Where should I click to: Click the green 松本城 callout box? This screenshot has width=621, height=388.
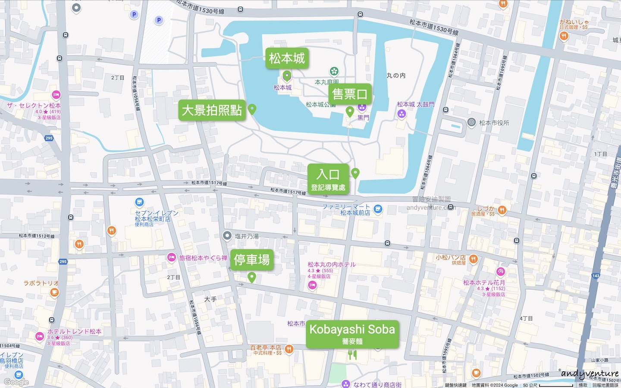[x=287, y=58]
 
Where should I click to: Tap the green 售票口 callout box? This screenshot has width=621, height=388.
[x=350, y=94]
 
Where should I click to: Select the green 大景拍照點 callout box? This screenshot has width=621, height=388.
[x=212, y=110]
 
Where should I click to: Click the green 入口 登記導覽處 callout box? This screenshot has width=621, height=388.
[x=328, y=179]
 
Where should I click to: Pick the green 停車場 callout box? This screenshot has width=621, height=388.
[x=252, y=260]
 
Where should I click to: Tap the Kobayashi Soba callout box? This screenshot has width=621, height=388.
[x=352, y=334]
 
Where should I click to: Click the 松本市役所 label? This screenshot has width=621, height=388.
[x=494, y=123]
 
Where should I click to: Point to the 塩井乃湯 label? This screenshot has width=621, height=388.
[x=247, y=236]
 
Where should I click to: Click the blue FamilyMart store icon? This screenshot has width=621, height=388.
[x=378, y=209]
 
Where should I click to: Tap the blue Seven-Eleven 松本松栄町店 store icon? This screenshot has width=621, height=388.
[x=139, y=202]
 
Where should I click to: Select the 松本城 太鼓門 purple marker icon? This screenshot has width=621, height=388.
[x=401, y=114]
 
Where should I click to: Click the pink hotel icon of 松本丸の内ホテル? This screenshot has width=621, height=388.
[x=312, y=285]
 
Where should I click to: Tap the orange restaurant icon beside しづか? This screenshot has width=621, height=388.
[x=502, y=210]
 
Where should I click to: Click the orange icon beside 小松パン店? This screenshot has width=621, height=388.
[x=474, y=259]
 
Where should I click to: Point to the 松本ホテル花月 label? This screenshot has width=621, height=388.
[x=484, y=283]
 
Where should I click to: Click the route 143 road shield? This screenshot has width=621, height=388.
[x=596, y=276]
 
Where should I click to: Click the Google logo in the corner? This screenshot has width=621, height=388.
[x=16, y=382]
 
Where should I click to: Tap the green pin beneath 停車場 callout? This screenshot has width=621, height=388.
[x=252, y=277]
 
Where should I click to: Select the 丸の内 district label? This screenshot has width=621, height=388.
[x=396, y=75]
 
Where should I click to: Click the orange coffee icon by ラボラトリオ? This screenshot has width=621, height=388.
[x=54, y=292]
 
